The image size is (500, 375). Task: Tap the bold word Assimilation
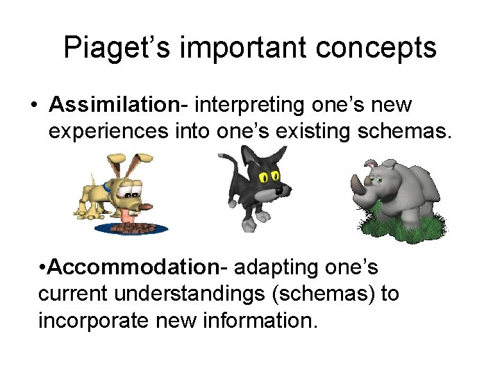114,105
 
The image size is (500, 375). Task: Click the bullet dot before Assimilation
33,106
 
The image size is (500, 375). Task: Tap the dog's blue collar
106,187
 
